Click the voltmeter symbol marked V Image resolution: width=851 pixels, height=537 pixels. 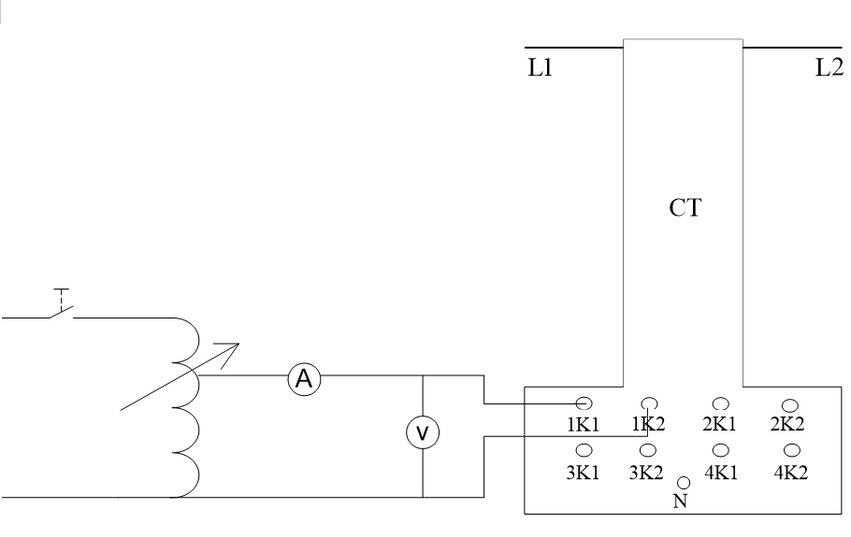coord(423,431)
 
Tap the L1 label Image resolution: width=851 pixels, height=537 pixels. coord(539,71)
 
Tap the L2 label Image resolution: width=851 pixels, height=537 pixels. coord(829,71)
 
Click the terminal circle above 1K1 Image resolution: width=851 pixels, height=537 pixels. coord(583,403)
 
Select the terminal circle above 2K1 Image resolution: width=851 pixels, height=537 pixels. coord(720,403)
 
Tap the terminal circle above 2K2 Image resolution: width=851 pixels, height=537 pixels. coord(790,403)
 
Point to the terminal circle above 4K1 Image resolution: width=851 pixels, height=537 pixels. coord(720,450)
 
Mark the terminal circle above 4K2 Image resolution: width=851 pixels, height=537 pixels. coord(790,450)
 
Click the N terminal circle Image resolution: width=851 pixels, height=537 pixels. coord(685,483)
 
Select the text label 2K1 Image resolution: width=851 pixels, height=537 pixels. coord(720,425)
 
